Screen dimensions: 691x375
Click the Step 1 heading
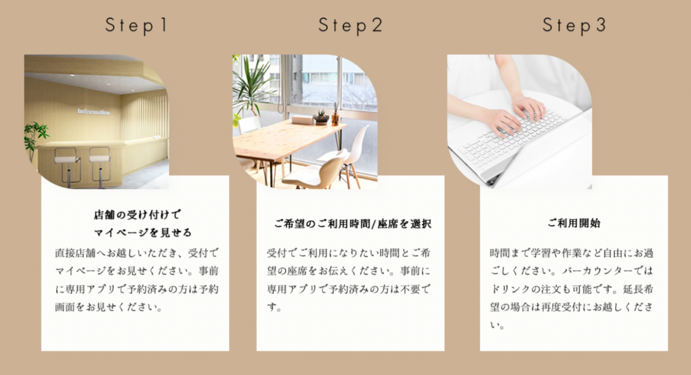click(137, 25)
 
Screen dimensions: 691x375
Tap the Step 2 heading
click(350, 25)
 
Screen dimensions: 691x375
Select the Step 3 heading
click(574, 25)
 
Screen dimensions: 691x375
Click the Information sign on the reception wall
click(93, 112)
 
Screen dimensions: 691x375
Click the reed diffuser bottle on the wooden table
click(336, 116)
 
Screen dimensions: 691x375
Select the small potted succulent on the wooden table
click(321, 117)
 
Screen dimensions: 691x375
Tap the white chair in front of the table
click(318, 169)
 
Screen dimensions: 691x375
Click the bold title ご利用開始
click(574, 223)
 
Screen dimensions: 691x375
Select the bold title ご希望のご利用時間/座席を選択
click(353, 223)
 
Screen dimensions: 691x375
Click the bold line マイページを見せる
click(143, 232)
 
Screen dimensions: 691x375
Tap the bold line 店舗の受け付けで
click(137, 215)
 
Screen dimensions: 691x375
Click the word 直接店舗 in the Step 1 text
click(75, 253)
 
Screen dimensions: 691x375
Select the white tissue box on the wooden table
click(302, 120)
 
